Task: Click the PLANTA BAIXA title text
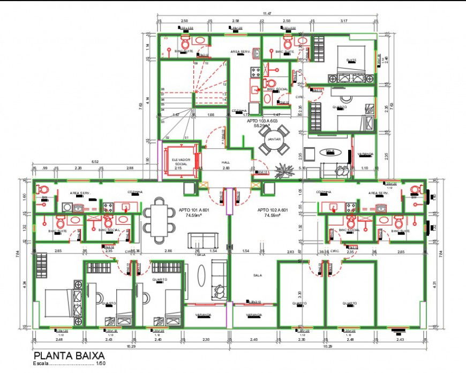coord(69,355)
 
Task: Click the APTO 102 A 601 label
coord(273,210)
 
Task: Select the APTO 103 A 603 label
coord(262,121)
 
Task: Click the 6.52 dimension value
coord(95,161)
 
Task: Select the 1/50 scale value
coord(101,364)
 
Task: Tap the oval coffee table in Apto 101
coord(201,276)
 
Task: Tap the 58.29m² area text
coord(261,126)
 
